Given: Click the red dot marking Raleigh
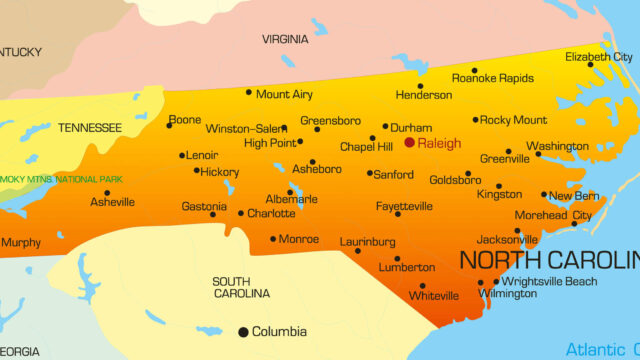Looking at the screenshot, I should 409,143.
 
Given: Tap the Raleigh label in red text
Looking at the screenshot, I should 439,144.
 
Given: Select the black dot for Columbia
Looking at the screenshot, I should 243,331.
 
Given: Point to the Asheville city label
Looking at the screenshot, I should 112,202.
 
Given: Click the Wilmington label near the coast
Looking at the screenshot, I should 507,294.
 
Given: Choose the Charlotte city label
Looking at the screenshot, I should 271,213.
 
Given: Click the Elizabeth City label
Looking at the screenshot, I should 599,57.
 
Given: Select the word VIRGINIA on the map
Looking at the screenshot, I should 285,39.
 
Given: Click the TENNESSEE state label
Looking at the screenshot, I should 90,128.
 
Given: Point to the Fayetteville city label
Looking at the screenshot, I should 404,206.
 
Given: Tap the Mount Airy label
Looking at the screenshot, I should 284,95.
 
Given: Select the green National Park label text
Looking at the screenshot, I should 60,179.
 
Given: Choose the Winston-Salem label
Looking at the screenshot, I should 246,129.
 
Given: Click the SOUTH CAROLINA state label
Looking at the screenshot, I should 242,287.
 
